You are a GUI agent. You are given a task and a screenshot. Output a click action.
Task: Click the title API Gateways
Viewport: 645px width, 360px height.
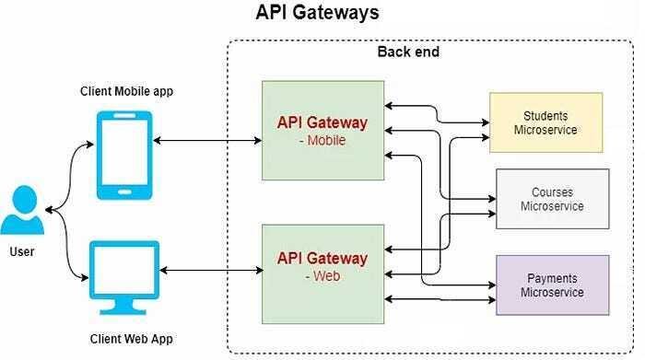[317, 14]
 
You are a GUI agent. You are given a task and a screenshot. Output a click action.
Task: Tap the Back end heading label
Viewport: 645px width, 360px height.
[408, 52]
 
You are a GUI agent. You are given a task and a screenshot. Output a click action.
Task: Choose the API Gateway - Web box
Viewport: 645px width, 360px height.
[322, 267]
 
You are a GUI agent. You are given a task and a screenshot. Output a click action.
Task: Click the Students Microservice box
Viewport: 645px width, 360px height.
[545, 122]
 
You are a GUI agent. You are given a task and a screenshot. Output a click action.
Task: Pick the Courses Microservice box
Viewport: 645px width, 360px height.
[552, 199]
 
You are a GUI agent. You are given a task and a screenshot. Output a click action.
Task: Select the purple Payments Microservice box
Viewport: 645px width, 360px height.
[552, 285]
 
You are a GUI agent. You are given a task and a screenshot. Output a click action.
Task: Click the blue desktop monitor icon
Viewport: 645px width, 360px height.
[124, 274]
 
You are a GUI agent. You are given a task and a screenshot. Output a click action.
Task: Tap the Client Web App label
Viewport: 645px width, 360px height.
[131, 339]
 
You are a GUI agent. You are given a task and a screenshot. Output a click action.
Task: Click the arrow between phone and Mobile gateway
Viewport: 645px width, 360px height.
[207, 141]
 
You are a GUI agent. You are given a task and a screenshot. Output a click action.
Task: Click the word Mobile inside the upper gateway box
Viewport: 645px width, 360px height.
[325, 141]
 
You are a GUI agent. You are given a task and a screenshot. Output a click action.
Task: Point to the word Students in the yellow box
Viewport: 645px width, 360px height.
[545, 116]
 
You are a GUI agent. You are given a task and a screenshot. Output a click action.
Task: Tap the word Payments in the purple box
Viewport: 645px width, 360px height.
[552, 278]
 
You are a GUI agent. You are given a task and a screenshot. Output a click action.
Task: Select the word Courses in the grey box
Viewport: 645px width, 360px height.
[552, 192]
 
